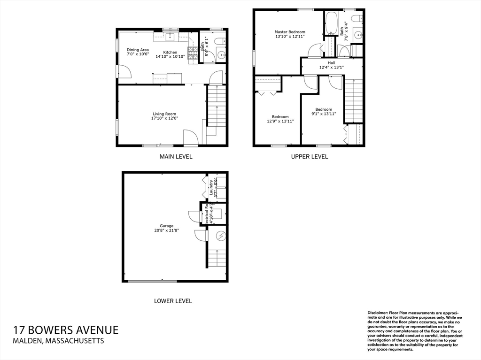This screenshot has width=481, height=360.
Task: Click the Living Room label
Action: coord(164,114)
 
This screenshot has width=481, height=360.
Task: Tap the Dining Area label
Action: coord(138,50)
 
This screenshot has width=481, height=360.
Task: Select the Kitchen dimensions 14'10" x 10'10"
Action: coord(170,57)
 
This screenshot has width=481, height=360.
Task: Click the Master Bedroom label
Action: coord(290,32)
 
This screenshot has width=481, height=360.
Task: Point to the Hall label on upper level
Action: coord(332,62)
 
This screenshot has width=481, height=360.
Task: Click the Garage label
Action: coord(166,226)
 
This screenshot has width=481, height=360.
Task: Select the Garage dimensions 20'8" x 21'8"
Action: coord(166,230)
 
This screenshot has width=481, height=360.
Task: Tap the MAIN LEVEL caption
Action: coord(176,157)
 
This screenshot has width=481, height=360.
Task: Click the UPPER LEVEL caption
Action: coord(310,157)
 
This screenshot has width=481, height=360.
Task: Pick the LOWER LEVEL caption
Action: coord(173,301)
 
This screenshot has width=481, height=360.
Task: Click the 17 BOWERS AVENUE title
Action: coord(66,330)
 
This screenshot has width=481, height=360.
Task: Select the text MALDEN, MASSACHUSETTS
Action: coord(59,341)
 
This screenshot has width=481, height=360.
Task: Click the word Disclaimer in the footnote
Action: coord(377,312)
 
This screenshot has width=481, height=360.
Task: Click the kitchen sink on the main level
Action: coord(170,37)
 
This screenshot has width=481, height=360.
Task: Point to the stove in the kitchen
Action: coord(193,54)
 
